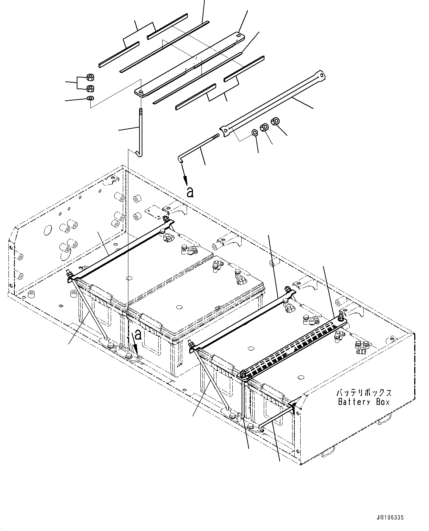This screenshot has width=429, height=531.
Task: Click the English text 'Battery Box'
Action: (x=364, y=402)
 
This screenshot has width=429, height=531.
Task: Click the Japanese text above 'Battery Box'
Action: (x=364, y=393)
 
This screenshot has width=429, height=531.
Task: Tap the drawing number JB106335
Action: (x=390, y=518)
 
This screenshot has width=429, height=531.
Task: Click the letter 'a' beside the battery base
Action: (x=138, y=335)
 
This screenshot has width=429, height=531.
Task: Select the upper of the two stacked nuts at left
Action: (x=90, y=77)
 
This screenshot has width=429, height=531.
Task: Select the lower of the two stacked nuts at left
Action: (x=90, y=88)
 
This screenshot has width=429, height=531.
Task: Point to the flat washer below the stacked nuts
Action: (x=90, y=98)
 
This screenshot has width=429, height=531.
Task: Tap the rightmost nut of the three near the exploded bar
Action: (x=275, y=121)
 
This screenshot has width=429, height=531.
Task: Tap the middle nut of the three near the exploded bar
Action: (x=264, y=127)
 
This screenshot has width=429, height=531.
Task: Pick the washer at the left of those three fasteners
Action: (x=255, y=132)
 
